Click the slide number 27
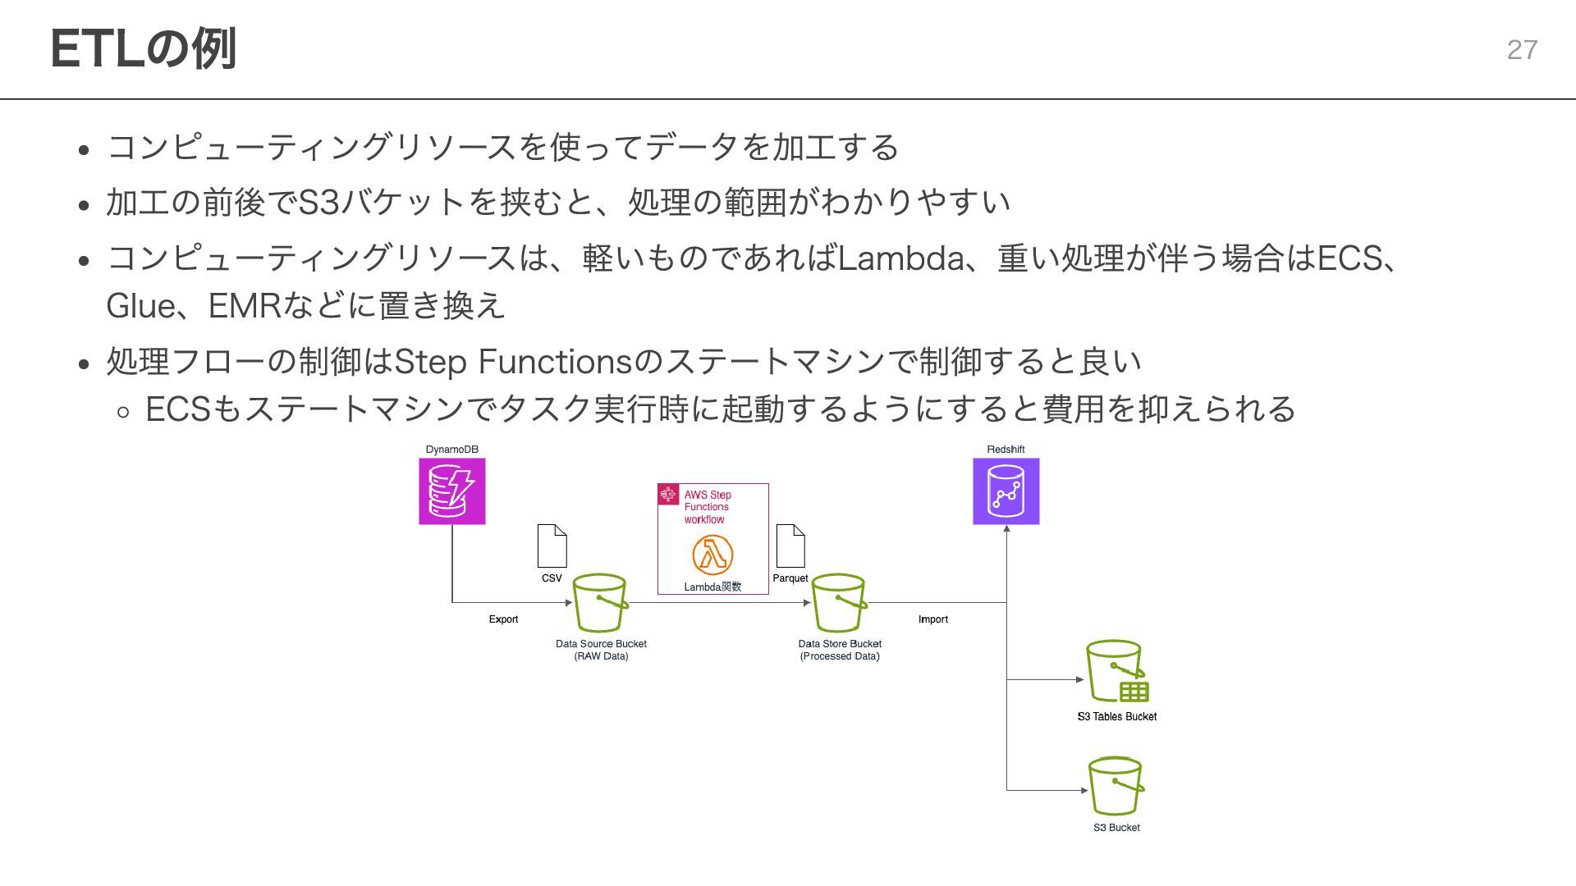[x=1522, y=50]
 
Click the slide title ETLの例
[x=144, y=48]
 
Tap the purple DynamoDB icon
[x=452, y=491]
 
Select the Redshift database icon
[x=1006, y=491]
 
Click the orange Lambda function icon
[x=712, y=555]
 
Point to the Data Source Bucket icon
[x=600, y=603]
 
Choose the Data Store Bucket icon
[x=839, y=603]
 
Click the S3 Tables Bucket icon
[x=1116, y=672]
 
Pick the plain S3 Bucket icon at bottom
[x=1116, y=786]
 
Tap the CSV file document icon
[x=552, y=546]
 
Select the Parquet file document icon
[x=790, y=546]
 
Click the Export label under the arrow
[x=503, y=619]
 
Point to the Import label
[x=932, y=619]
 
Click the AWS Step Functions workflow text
[x=707, y=507]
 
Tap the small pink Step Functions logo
[x=668, y=495]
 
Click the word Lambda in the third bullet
[x=900, y=258]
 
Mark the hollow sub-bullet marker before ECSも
[x=123, y=412]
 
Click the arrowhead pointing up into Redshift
[x=1006, y=529]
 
